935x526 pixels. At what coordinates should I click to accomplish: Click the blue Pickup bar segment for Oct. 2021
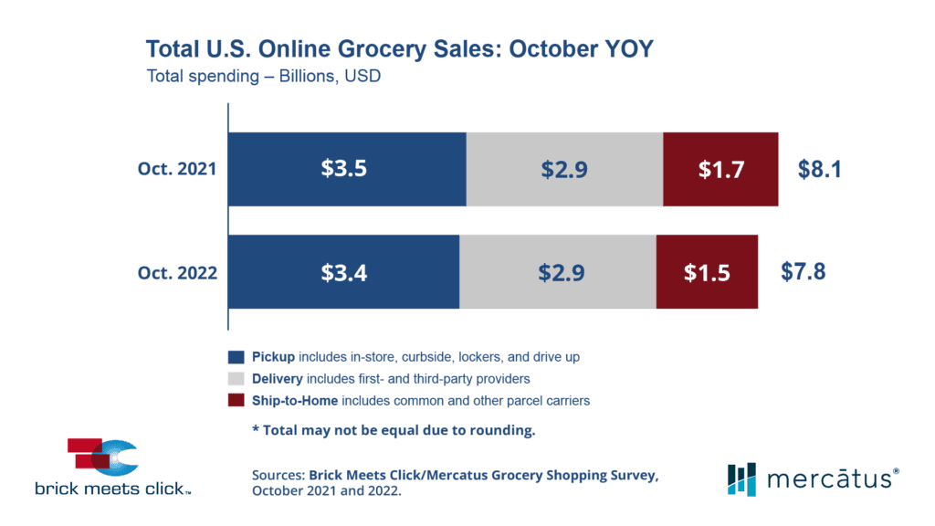(x=347, y=169)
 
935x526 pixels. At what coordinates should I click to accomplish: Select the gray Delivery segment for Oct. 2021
(x=564, y=169)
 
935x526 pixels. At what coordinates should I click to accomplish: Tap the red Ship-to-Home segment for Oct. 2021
(x=720, y=169)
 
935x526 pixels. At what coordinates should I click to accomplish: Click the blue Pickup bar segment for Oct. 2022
(x=343, y=272)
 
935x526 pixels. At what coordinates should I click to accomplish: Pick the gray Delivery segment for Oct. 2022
(x=557, y=272)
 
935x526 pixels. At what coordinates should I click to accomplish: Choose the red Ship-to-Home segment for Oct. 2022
(x=707, y=272)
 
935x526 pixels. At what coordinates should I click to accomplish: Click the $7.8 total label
(x=804, y=272)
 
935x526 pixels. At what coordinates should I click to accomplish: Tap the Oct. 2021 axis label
(x=178, y=169)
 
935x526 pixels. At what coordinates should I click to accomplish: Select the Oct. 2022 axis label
(x=178, y=272)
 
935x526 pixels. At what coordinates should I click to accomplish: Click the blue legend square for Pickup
(x=236, y=356)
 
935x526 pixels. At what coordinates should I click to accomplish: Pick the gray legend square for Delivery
(x=236, y=378)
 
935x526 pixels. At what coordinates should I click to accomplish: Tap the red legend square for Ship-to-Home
(x=236, y=400)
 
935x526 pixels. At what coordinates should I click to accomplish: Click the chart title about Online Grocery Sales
(x=400, y=48)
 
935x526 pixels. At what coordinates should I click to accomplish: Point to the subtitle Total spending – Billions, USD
(x=264, y=77)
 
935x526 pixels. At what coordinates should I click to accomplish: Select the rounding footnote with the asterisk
(x=394, y=430)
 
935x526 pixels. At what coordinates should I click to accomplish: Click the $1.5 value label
(x=707, y=272)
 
